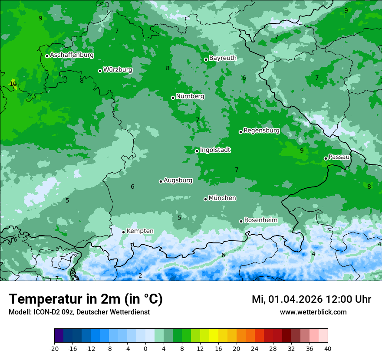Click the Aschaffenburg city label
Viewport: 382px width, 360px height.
pyautogui.click(x=72, y=55)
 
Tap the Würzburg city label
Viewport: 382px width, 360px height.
pyautogui.click(x=118, y=70)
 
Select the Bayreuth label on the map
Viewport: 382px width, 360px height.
pyautogui.click(x=223, y=58)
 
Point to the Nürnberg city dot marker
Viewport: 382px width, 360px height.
pyautogui.click(x=173, y=98)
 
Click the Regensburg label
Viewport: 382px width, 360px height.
pyautogui.click(x=261, y=131)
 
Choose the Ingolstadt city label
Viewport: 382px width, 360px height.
pyautogui.click(x=215, y=150)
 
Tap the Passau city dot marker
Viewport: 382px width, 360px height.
pyautogui.click(x=326, y=158)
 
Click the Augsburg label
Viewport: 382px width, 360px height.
pyautogui.click(x=178, y=180)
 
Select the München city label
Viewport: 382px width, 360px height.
pyautogui.click(x=222, y=198)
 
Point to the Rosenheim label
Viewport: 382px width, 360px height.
pyautogui.click(x=260, y=220)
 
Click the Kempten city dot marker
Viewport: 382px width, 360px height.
pyautogui.click(x=123, y=232)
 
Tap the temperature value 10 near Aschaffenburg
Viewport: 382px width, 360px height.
pyautogui.click(x=13, y=84)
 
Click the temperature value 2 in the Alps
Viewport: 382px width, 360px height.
pyautogui.click(x=140, y=275)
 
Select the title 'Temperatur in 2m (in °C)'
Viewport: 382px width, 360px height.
pyautogui.click(x=86, y=299)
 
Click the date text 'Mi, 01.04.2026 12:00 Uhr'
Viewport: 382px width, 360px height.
pyautogui.click(x=311, y=299)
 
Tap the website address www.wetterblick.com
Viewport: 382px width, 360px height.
pyautogui.click(x=313, y=312)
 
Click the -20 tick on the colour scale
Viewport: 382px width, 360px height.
pyautogui.click(x=54, y=348)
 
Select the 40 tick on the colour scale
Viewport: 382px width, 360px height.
pyautogui.click(x=327, y=348)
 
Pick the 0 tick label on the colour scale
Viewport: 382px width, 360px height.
pyautogui.click(x=145, y=348)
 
